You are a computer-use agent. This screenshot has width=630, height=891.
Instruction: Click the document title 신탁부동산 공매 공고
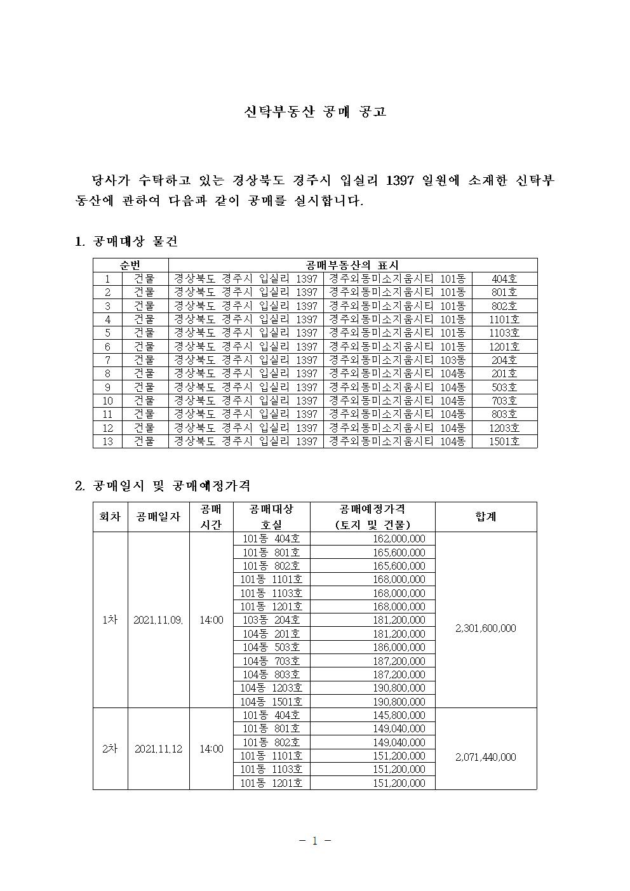click(x=315, y=112)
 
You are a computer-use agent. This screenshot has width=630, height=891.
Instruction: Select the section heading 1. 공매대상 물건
click(x=126, y=241)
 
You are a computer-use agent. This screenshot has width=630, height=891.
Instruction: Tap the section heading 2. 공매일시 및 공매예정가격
click(x=163, y=486)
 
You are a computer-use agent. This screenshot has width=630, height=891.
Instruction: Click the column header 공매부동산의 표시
click(x=352, y=265)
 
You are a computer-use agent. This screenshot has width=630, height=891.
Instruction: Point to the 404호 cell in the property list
click(x=504, y=278)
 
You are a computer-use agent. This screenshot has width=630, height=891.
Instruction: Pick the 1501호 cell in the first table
click(x=504, y=441)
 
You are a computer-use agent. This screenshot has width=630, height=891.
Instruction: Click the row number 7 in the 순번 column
click(x=108, y=359)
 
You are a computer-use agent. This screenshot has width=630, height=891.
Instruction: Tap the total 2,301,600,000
click(x=486, y=628)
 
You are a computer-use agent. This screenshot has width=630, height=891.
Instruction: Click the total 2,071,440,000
click(x=486, y=756)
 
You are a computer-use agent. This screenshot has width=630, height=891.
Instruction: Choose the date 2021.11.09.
click(x=158, y=620)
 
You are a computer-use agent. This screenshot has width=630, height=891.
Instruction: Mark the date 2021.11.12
click(x=158, y=749)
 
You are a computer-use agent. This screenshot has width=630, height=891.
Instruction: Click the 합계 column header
click(x=486, y=516)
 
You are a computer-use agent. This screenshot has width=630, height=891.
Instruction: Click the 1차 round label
click(x=110, y=620)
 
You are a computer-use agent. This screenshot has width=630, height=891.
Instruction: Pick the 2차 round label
click(x=110, y=749)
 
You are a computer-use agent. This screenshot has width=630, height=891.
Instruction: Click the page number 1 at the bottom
click(x=315, y=841)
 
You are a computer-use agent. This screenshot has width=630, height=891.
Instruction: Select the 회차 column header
click(x=110, y=516)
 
